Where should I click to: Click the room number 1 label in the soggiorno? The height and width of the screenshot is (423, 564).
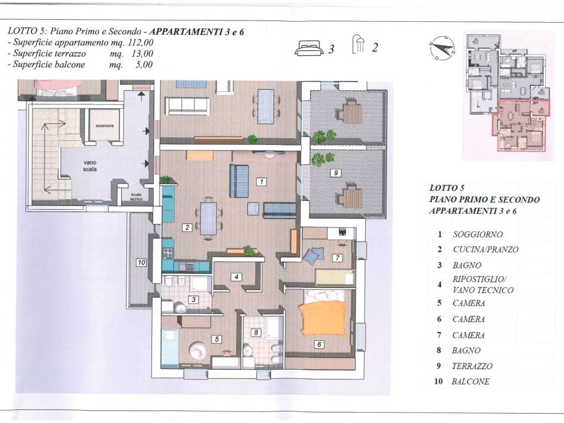point(262,182)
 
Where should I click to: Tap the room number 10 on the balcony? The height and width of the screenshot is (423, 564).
point(141,263)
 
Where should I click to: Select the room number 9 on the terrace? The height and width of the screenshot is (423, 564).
point(335,173)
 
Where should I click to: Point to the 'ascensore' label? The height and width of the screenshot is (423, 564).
point(105,126)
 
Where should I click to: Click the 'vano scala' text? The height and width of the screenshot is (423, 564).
point(90,166)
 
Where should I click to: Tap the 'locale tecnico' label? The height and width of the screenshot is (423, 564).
point(137,197)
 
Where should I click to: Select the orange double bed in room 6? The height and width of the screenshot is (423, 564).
point(324,319)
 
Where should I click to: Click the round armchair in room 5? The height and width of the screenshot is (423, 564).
point(198,350)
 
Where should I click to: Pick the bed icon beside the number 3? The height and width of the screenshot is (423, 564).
point(309,48)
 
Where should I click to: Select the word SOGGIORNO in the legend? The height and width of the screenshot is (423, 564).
point(478,235)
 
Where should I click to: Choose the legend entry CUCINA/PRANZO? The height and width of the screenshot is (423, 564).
point(486,250)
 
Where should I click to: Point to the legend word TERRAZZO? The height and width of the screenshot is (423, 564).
point(472,366)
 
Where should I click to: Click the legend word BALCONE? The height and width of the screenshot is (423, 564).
point(470,382)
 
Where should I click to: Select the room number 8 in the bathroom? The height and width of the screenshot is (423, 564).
point(256,332)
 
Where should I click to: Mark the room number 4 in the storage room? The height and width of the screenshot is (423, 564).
point(236,277)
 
